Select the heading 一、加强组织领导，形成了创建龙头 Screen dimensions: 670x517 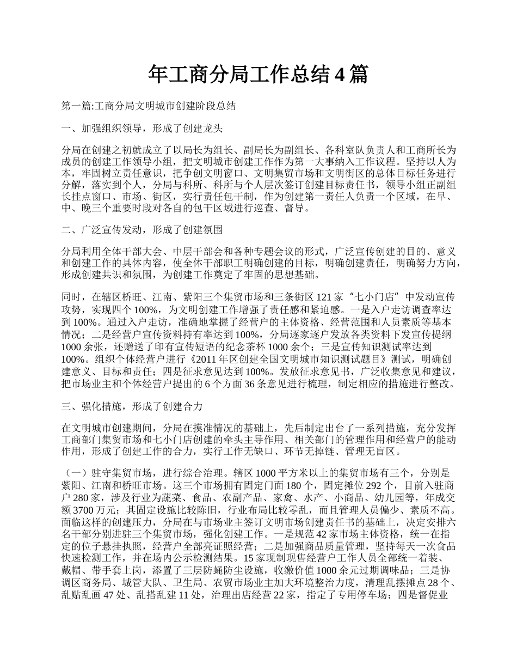pyautogui.click(x=143, y=129)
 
